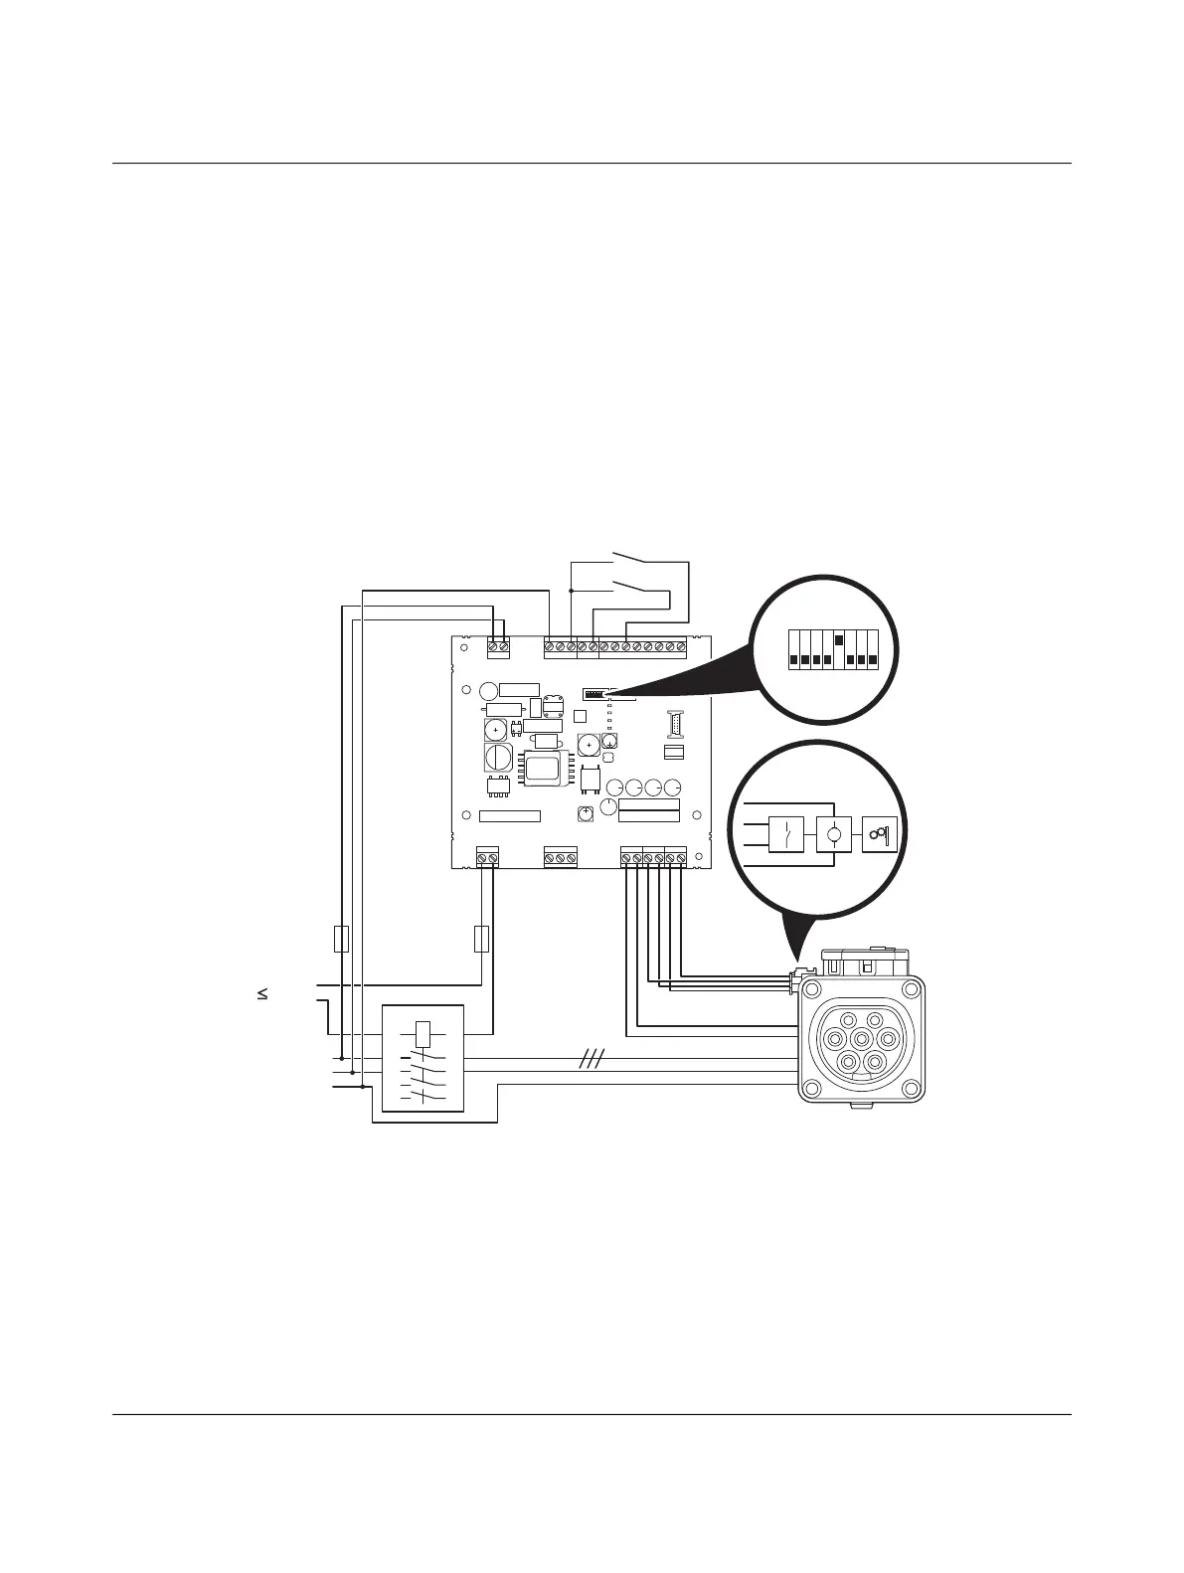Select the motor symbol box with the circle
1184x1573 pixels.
point(834,833)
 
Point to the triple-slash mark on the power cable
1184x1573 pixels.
point(592,1061)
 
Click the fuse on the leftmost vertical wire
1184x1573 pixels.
point(341,938)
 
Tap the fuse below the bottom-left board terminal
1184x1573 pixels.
point(482,938)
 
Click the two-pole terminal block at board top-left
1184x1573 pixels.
point(498,647)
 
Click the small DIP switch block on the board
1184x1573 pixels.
point(594,690)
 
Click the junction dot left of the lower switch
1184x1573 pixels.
point(572,591)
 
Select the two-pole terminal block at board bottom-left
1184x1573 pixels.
point(488,856)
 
